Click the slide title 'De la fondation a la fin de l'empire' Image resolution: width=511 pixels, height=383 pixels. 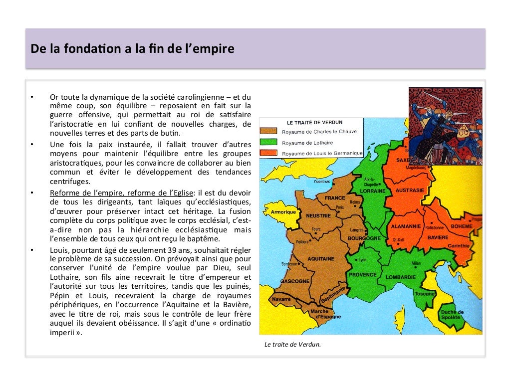coord(132,49)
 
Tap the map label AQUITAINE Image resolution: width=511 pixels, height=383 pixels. coord(320,259)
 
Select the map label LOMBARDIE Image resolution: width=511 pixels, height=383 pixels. coord(401,277)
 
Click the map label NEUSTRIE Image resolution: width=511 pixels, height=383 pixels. coord(318,215)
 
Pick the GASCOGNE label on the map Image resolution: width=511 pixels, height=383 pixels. coord(295,281)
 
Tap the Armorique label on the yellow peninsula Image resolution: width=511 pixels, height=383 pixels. coord(283,212)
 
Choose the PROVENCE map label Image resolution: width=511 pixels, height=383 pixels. coord(363,275)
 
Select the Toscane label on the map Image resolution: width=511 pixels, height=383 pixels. coord(424,294)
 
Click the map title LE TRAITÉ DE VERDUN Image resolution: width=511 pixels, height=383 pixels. coord(314,122)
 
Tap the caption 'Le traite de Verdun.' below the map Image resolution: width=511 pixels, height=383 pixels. coord(292,344)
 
